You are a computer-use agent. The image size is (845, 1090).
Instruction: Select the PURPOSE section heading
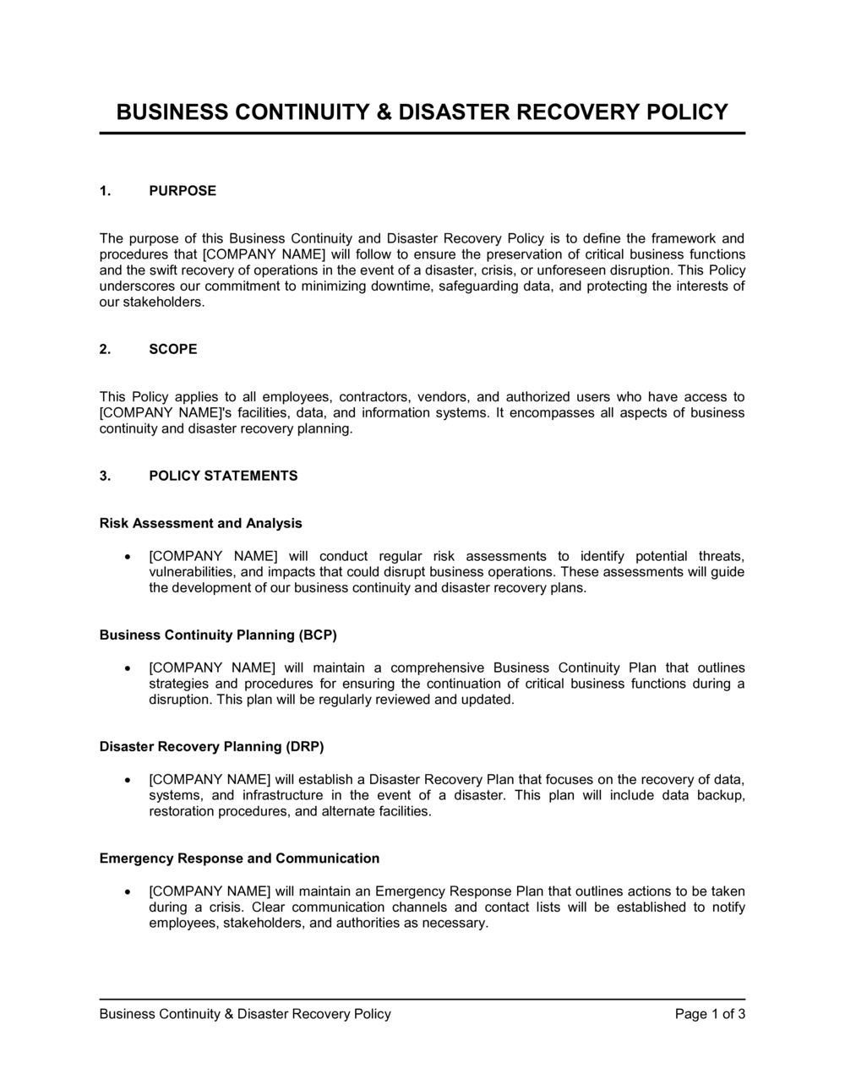(x=183, y=191)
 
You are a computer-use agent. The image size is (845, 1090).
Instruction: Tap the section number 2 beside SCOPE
(x=105, y=349)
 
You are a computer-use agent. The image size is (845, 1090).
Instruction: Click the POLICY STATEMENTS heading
(x=223, y=476)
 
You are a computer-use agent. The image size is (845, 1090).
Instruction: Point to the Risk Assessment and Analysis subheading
(x=200, y=523)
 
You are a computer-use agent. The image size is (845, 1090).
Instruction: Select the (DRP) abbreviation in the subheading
(x=305, y=746)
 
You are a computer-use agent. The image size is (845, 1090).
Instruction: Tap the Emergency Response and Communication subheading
(x=239, y=858)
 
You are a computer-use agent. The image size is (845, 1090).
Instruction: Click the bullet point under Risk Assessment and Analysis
(x=127, y=557)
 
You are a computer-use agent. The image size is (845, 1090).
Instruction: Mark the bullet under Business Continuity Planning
(x=127, y=668)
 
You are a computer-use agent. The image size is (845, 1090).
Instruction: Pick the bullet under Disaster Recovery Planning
(x=127, y=780)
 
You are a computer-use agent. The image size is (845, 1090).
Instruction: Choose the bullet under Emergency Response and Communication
(x=127, y=891)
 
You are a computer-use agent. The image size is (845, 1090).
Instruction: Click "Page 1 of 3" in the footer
(x=710, y=1014)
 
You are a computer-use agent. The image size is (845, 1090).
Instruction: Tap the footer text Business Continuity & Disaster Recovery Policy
(x=245, y=1014)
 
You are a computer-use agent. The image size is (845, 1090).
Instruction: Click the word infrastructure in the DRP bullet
(x=283, y=795)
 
